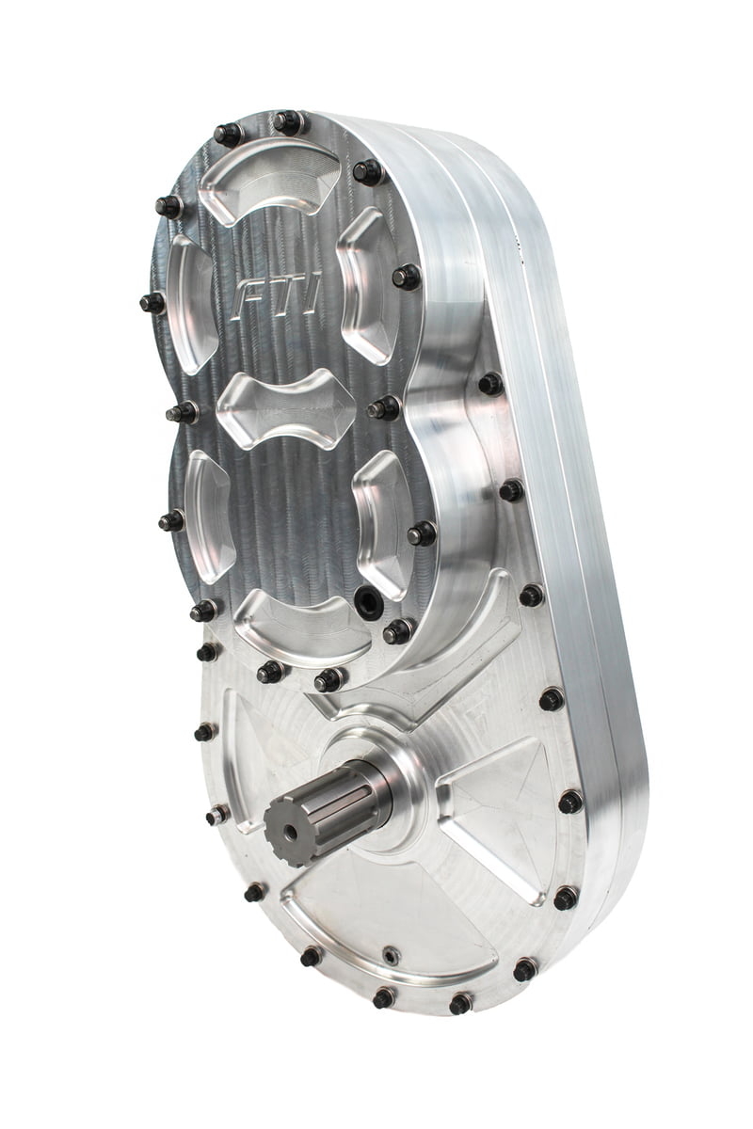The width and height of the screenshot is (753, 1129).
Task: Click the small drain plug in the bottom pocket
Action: coord(390,956)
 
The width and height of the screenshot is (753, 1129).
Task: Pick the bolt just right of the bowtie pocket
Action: coord(383,408)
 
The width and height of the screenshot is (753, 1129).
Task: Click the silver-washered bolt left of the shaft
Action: coord(218,815)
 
